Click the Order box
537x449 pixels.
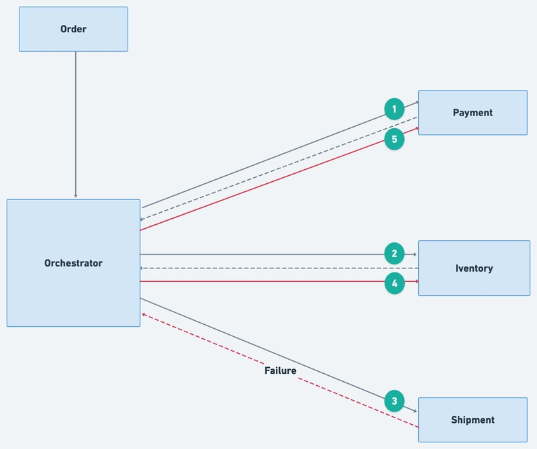click(73, 29)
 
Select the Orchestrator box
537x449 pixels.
click(73, 263)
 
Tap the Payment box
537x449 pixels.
click(473, 113)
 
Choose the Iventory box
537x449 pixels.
click(474, 268)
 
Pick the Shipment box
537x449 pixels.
click(473, 420)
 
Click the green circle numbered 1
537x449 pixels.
click(394, 109)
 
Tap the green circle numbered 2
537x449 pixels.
click(394, 254)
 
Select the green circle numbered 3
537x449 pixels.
click(394, 401)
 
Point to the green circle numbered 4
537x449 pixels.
click(395, 283)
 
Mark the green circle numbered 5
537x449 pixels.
click(394, 139)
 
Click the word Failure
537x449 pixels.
click(280, 370)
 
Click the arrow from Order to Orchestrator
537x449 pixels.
click(76, 124)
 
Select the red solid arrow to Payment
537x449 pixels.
click(279, 179)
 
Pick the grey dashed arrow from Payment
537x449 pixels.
click(279, 168)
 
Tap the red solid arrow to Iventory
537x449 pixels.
click(279, 281)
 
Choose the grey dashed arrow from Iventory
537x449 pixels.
click(279, 268)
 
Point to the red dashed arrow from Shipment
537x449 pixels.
click(280, 370)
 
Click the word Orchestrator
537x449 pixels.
click(73, 263)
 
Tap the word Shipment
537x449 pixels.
click(473, 420)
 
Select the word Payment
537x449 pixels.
click(473, 113)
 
